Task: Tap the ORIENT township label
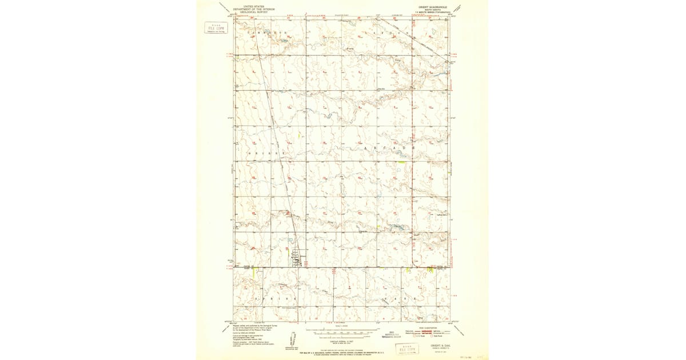pos(266,154)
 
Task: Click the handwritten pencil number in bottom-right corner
pos(478,354)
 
